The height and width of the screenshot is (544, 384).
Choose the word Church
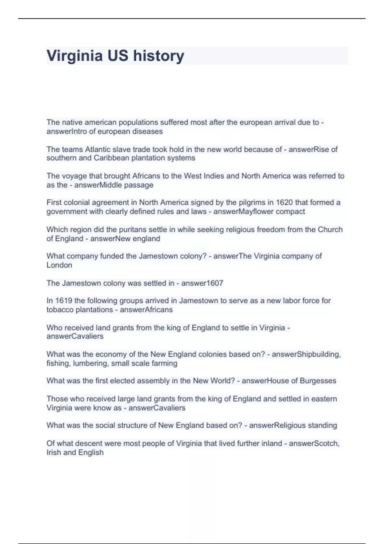tap(330, 229)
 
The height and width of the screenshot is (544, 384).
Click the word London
tap(59, 265)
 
